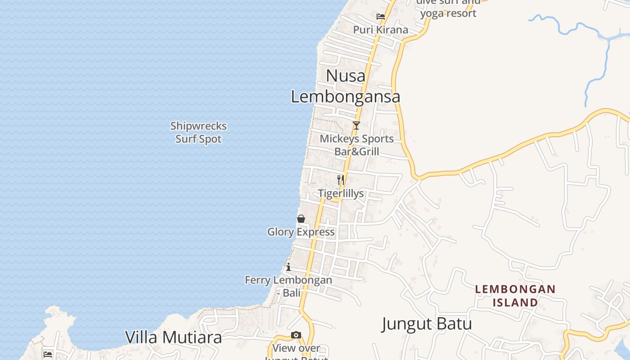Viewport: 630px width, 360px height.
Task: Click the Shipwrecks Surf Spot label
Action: (198, 132)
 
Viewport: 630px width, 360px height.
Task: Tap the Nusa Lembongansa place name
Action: (346, 86)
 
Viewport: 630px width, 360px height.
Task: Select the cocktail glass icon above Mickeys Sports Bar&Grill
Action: (356, 126)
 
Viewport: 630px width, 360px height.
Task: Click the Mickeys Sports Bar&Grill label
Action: (356, 145)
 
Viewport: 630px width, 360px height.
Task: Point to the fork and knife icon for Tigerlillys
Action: (341, 180)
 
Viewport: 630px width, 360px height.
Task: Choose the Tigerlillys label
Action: (341, 193)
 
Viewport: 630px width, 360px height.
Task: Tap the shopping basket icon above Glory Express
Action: (301, 219)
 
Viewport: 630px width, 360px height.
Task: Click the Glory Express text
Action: (301, 232)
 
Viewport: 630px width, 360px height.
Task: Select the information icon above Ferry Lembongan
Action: (288, 267)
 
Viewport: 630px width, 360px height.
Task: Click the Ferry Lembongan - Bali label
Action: (288, 286)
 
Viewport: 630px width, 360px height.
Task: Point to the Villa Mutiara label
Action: (173, 337)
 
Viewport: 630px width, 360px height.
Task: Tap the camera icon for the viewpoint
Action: (296, 335)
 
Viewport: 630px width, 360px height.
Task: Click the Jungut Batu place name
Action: (427, 324)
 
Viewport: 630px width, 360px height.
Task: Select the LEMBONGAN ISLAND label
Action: (515, 295)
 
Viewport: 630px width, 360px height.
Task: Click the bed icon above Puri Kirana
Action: (381, 17)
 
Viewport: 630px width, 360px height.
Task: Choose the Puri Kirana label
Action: (381, 30)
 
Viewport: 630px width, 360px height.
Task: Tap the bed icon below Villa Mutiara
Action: (48, 354)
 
